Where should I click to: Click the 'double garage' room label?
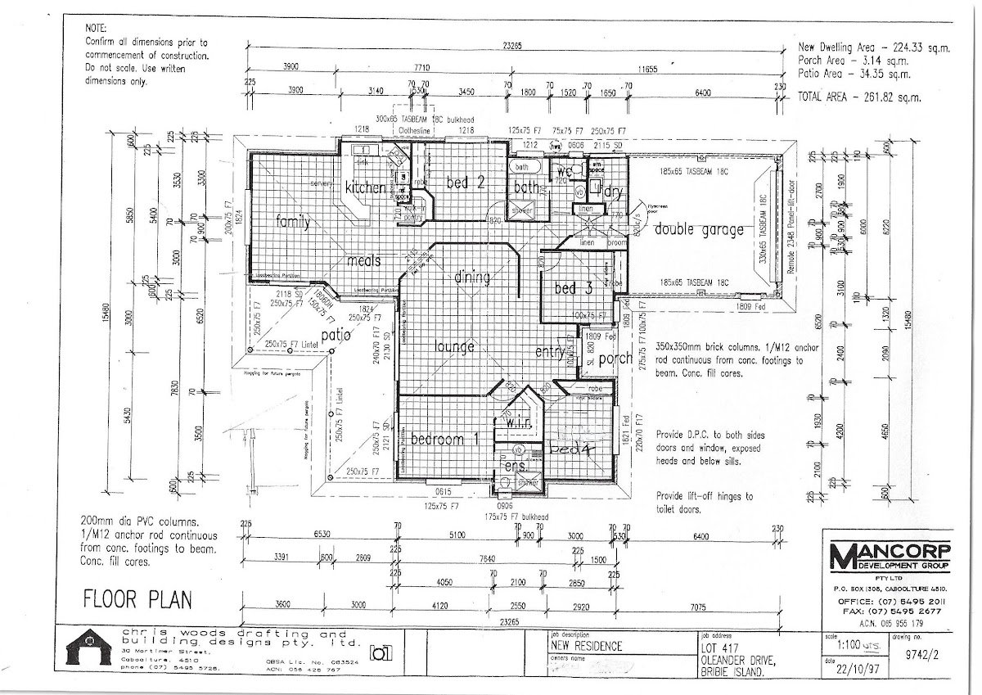pos(699,231)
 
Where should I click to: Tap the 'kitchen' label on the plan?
pos(364,187)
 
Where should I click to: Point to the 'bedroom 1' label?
pos(444,438)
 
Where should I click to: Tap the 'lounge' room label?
pos(455,346)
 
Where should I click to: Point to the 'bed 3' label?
pos(573,288)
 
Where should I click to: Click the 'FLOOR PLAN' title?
pos(137,600)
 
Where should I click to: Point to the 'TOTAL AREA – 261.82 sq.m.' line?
pos(858,97)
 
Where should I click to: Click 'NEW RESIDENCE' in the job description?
pos(586,646)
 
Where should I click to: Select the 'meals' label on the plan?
pos(363,260)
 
